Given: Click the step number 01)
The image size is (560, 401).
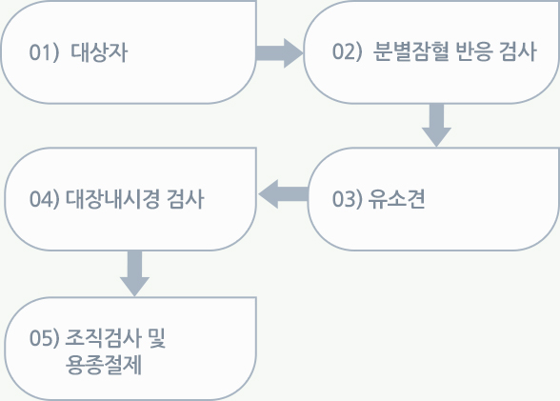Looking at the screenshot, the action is [x=44, y=52].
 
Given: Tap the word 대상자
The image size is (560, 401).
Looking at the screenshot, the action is [x=99, y=52].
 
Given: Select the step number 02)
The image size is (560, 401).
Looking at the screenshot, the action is [x=347, y=51].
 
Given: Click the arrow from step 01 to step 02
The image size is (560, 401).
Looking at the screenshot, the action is [x=279, y=53].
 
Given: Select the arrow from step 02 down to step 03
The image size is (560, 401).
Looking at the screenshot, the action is [x=436, y=126].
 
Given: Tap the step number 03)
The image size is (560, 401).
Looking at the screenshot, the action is [x=347, y=198].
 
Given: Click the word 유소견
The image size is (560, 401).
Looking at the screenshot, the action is [x=396, y=198].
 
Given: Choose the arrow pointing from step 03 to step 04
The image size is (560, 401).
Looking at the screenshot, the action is [x=283, y=194].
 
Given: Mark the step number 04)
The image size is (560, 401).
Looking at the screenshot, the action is [x=44, y=198].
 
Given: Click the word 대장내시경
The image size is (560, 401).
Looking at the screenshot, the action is [x=112, y=198].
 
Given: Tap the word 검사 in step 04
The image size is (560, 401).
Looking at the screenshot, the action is [x=186, y=198].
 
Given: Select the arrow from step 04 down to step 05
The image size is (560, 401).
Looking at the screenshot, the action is [x=134, y=273].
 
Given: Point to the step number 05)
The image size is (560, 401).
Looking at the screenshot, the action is [x=44, y=337].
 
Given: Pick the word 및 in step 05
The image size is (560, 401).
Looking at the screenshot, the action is [x=156, y=337].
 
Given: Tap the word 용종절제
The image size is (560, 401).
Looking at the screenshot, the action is [x=104, y=364].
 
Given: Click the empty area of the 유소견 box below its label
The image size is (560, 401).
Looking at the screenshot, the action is [x=432, y=231].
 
